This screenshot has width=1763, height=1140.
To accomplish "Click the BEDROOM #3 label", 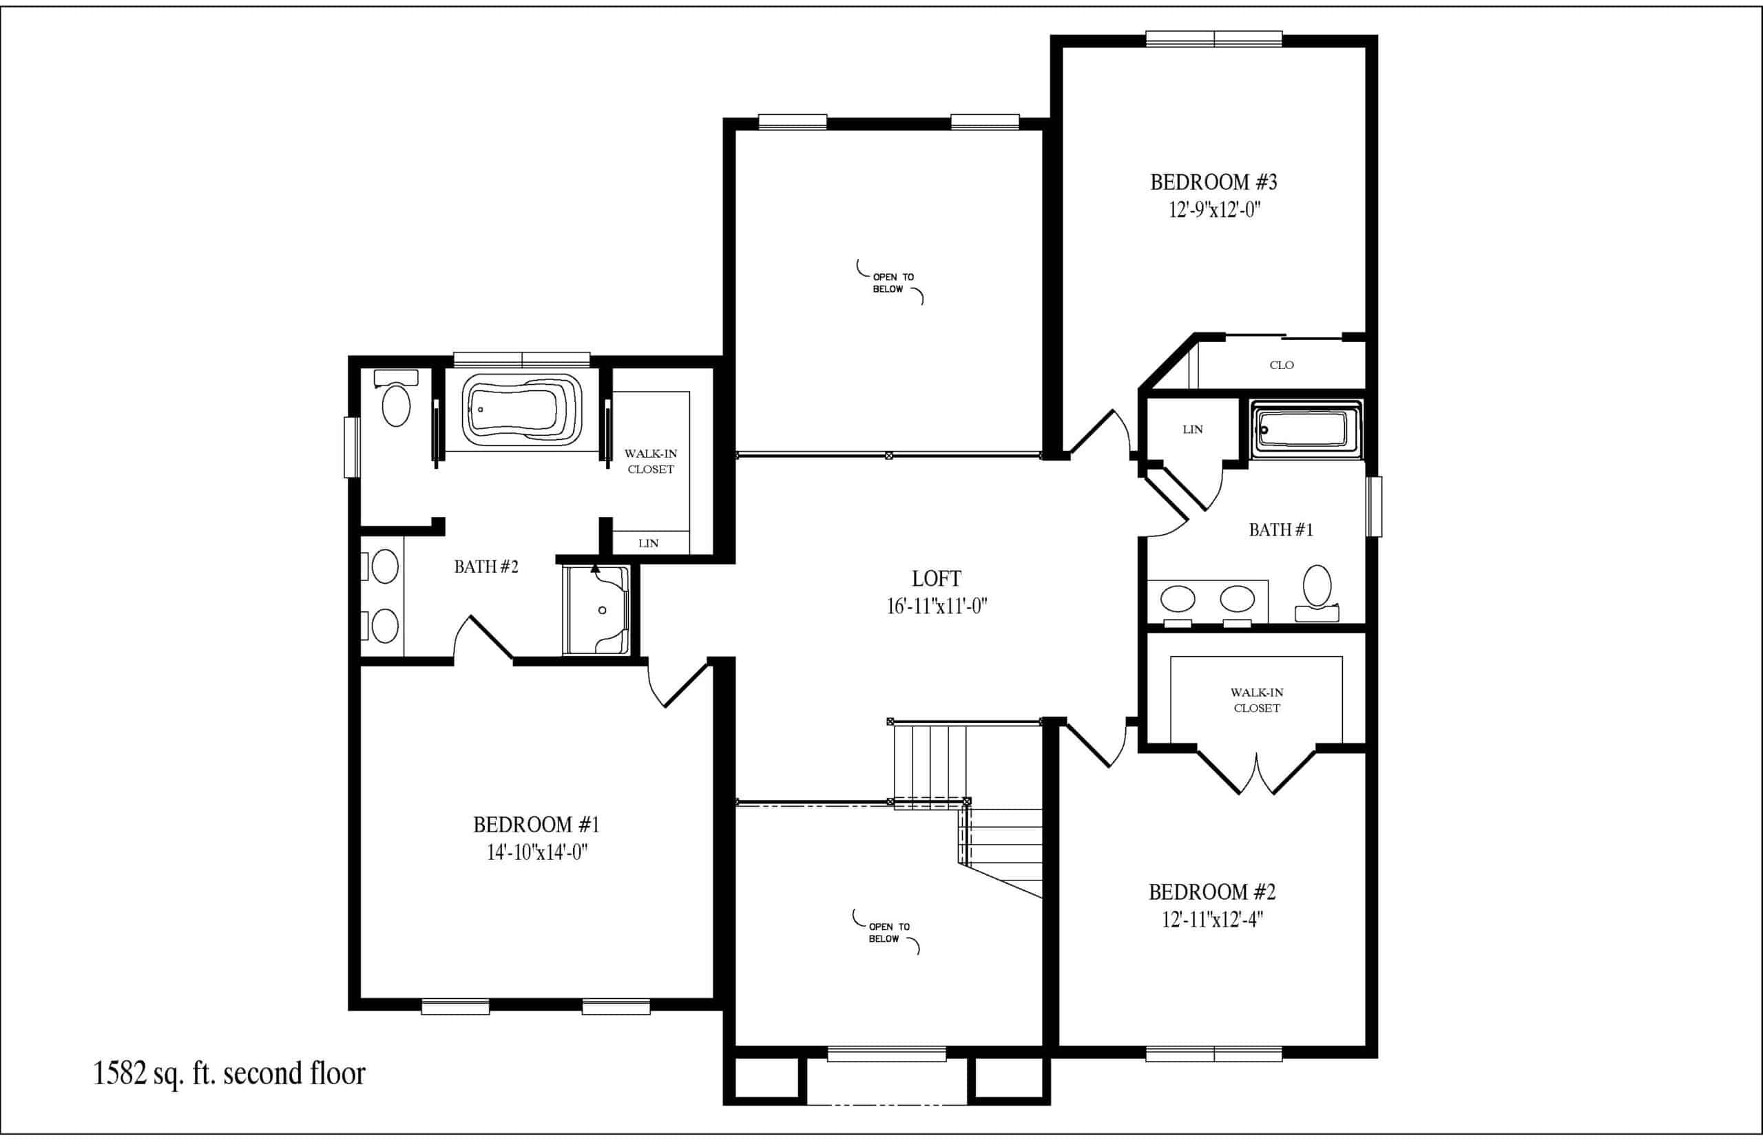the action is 1213,182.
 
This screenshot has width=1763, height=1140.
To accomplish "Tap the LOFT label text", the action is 937,579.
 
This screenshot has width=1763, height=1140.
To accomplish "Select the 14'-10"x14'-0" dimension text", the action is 537,853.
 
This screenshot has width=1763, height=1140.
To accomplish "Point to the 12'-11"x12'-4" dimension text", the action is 1212,920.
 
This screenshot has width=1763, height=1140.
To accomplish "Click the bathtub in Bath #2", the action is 522,410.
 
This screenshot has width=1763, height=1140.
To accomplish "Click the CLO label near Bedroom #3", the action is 1282,365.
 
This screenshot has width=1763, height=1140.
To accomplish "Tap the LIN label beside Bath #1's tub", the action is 1193,430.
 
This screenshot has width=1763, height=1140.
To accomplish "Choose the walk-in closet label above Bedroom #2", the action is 1258,700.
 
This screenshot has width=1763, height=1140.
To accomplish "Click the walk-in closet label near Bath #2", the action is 651,461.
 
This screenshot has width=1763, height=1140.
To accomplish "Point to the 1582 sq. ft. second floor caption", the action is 229,1073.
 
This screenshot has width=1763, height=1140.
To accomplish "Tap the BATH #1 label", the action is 1281,530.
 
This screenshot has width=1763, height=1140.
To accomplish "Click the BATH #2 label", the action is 486,567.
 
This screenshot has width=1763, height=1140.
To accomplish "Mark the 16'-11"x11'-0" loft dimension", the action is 937,607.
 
